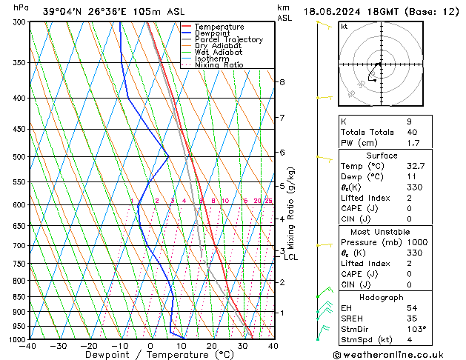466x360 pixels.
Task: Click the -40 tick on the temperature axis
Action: (28, 346)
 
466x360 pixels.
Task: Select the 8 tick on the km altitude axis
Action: (282, 82)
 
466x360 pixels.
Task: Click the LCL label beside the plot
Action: (290, 258)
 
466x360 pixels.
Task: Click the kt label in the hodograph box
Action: (344, 26)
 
